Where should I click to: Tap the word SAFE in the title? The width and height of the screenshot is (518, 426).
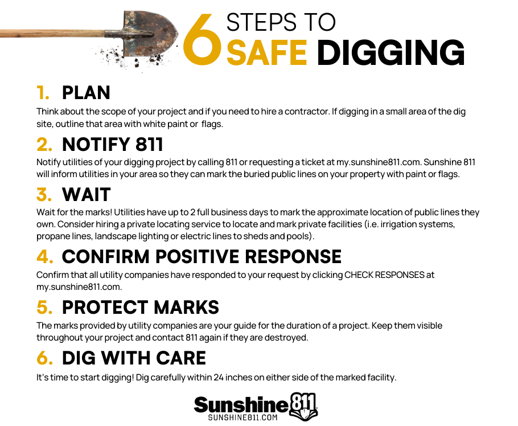click(x=266, y=52)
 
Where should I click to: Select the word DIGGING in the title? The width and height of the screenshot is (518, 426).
click(x=390, y=52)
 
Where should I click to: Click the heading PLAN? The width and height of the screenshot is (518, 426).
click(x=86, y=92)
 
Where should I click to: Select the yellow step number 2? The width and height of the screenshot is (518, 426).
click(x=44, y=145)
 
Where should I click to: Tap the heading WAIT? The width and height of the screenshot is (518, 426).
click(x=86, y=194)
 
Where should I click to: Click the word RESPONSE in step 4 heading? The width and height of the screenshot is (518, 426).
click(x=293, y=256)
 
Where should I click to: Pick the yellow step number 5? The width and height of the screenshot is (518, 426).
click(x=44, y=307)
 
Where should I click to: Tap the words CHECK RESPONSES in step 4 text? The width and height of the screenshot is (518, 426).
click(x=385, y=275)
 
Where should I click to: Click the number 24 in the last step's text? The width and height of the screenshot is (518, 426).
click(x=219, y=378)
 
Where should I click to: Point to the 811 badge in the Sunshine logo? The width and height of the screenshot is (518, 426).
click(x=303, y=407)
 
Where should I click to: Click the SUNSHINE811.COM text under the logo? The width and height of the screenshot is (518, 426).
click(x=243, y=417)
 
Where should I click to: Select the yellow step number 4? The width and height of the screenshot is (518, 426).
click(x=45, y=256)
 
